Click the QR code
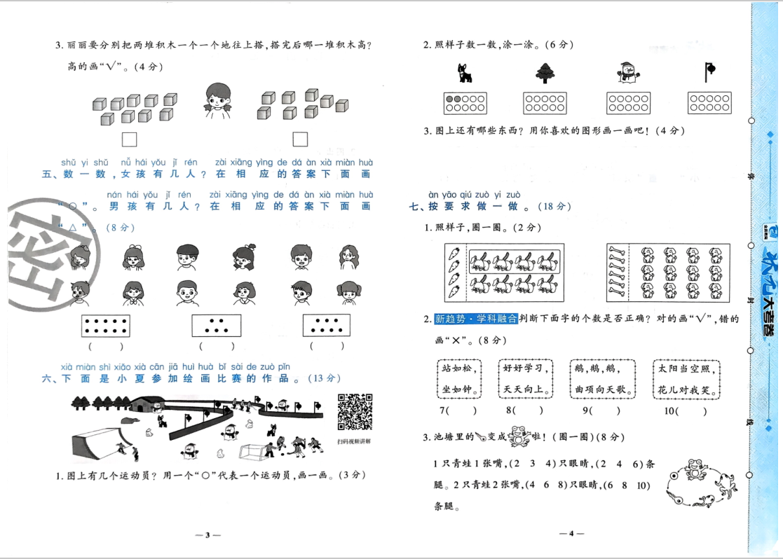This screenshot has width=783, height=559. point(354,412)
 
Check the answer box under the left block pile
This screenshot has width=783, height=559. point(129,139)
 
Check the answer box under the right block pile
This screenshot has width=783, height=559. point(300,139)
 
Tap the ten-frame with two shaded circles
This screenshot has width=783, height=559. point(465,103)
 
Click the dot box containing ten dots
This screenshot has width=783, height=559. point(106,326)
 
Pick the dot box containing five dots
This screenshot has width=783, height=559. point(216,326)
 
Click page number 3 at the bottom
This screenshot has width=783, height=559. point(207,534)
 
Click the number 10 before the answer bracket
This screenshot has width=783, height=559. point(669,412)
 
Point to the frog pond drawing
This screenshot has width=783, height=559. point(697,482)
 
